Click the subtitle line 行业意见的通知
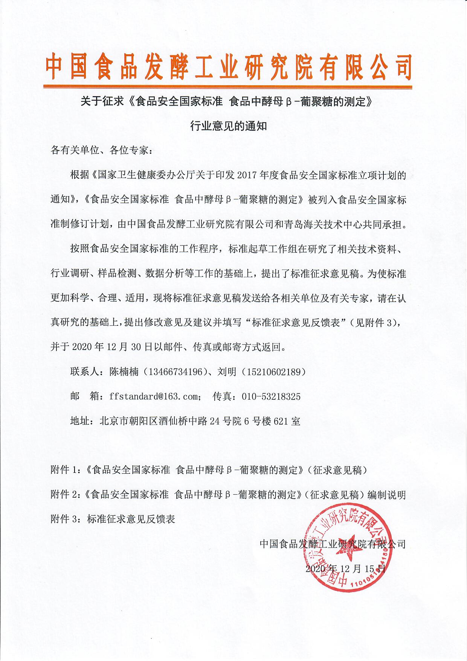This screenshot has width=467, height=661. point(229,126)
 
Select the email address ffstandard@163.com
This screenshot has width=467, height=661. point(153,396)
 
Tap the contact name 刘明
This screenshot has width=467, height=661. point(227,372)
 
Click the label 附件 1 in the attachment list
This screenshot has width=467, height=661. point(65,470)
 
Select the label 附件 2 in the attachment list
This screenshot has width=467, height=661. point(65,495)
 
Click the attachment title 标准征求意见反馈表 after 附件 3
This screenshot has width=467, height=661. point(131,519)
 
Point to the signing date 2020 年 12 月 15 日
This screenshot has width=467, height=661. point(345,569)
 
